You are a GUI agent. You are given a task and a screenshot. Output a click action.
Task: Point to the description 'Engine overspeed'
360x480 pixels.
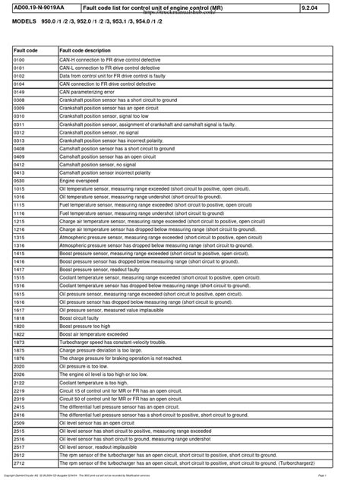point(78,181)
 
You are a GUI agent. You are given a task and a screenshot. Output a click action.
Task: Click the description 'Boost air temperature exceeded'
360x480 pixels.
point(95,334)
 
